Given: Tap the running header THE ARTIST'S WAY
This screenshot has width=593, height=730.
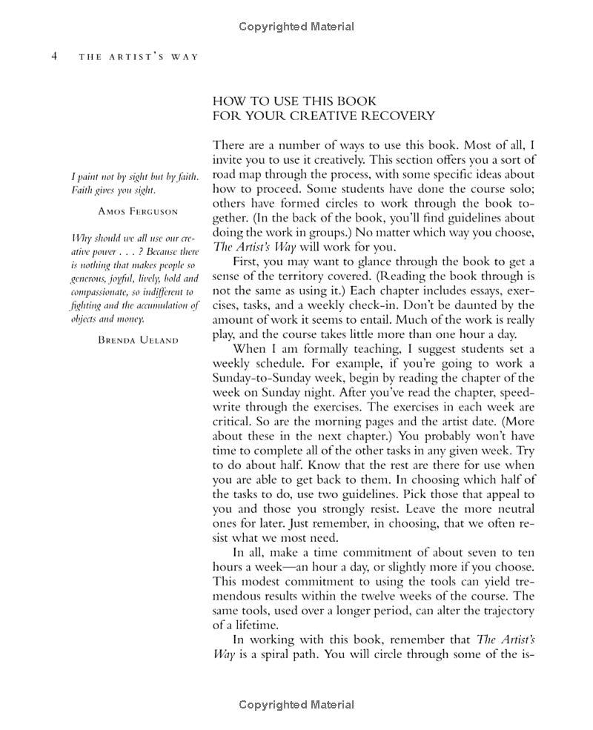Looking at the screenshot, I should click(x=139, y=58).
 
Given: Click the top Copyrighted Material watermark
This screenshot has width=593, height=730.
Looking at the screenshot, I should click(x=296, y=27).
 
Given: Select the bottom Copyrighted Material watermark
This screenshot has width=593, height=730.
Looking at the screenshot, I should click(x=296, y=705).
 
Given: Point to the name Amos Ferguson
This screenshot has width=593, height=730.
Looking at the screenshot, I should click(x=138, y=211).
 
